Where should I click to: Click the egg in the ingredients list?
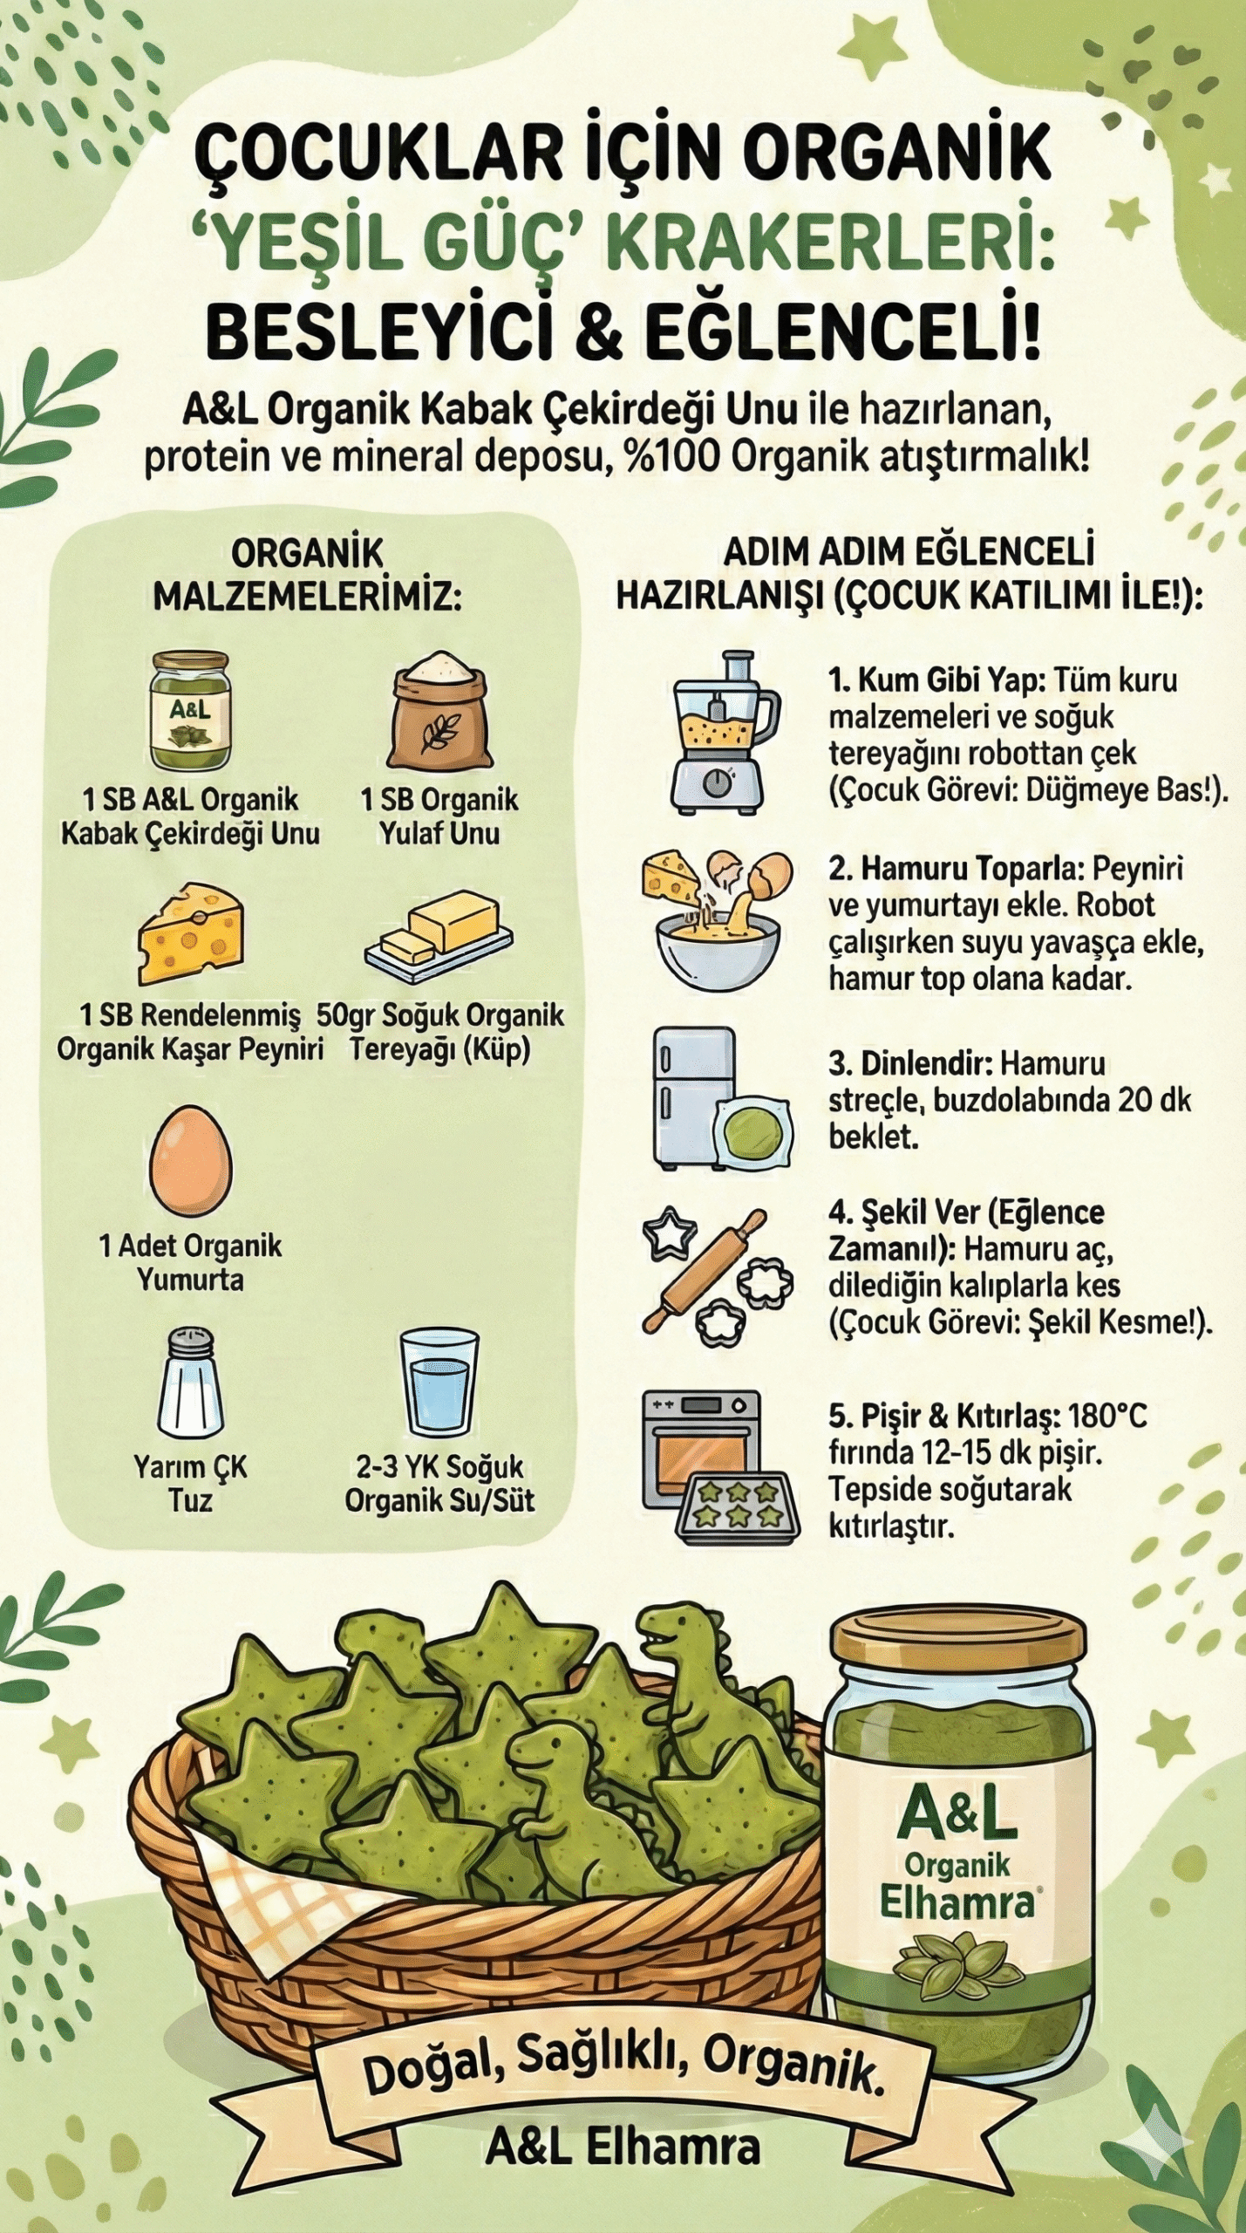tap(191, 1159)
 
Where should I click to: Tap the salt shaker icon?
tap(190, 1383)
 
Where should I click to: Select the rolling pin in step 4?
tap(704, 1270)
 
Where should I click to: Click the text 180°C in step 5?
tap(1106, 1415)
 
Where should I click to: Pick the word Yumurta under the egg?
tap(190, 1280)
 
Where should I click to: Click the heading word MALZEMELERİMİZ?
tap(307, 598)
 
